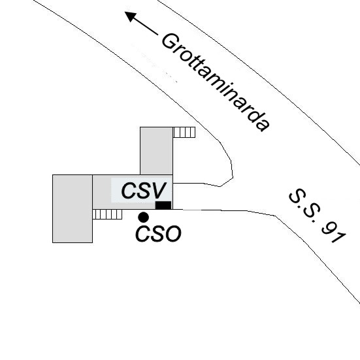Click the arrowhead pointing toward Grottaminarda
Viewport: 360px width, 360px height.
pyautogui.click(x=130, y=16)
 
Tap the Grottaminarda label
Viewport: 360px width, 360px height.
pyautogui.click(x=216, y=82)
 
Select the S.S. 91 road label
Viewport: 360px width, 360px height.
pyautogui.click(x=318, y=216)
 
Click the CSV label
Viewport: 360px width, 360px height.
pyautogui.click(x=144, y=191)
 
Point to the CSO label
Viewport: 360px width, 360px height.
pyautogui.click(x=158, y=234)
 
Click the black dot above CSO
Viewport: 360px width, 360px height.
pyautogui.click(x=144, y=217)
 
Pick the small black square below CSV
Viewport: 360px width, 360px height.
pyautogui.click(x=163, y=205)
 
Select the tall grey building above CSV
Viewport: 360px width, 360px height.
pyautogui.click(x=156, y=151)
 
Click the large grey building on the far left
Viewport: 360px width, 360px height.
pyautogui.click(x=73, y=208)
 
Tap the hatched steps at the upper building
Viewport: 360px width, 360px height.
pyautogui.click(x=184, y=132)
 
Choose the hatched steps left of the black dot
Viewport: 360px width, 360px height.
pyautogui.click(x=107, y=214)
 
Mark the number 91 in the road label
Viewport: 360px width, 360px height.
pyautogui.click(x=335, y=233)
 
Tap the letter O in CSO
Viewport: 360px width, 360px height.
pyautogui.click(x=173, y=234)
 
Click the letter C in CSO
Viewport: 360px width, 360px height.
pyautogui.click(x=143, y=234)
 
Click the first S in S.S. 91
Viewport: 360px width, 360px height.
pyautogui.click(x=296, y=196)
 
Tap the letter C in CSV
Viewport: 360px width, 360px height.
pyautogui.click(x=129, y=191)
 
